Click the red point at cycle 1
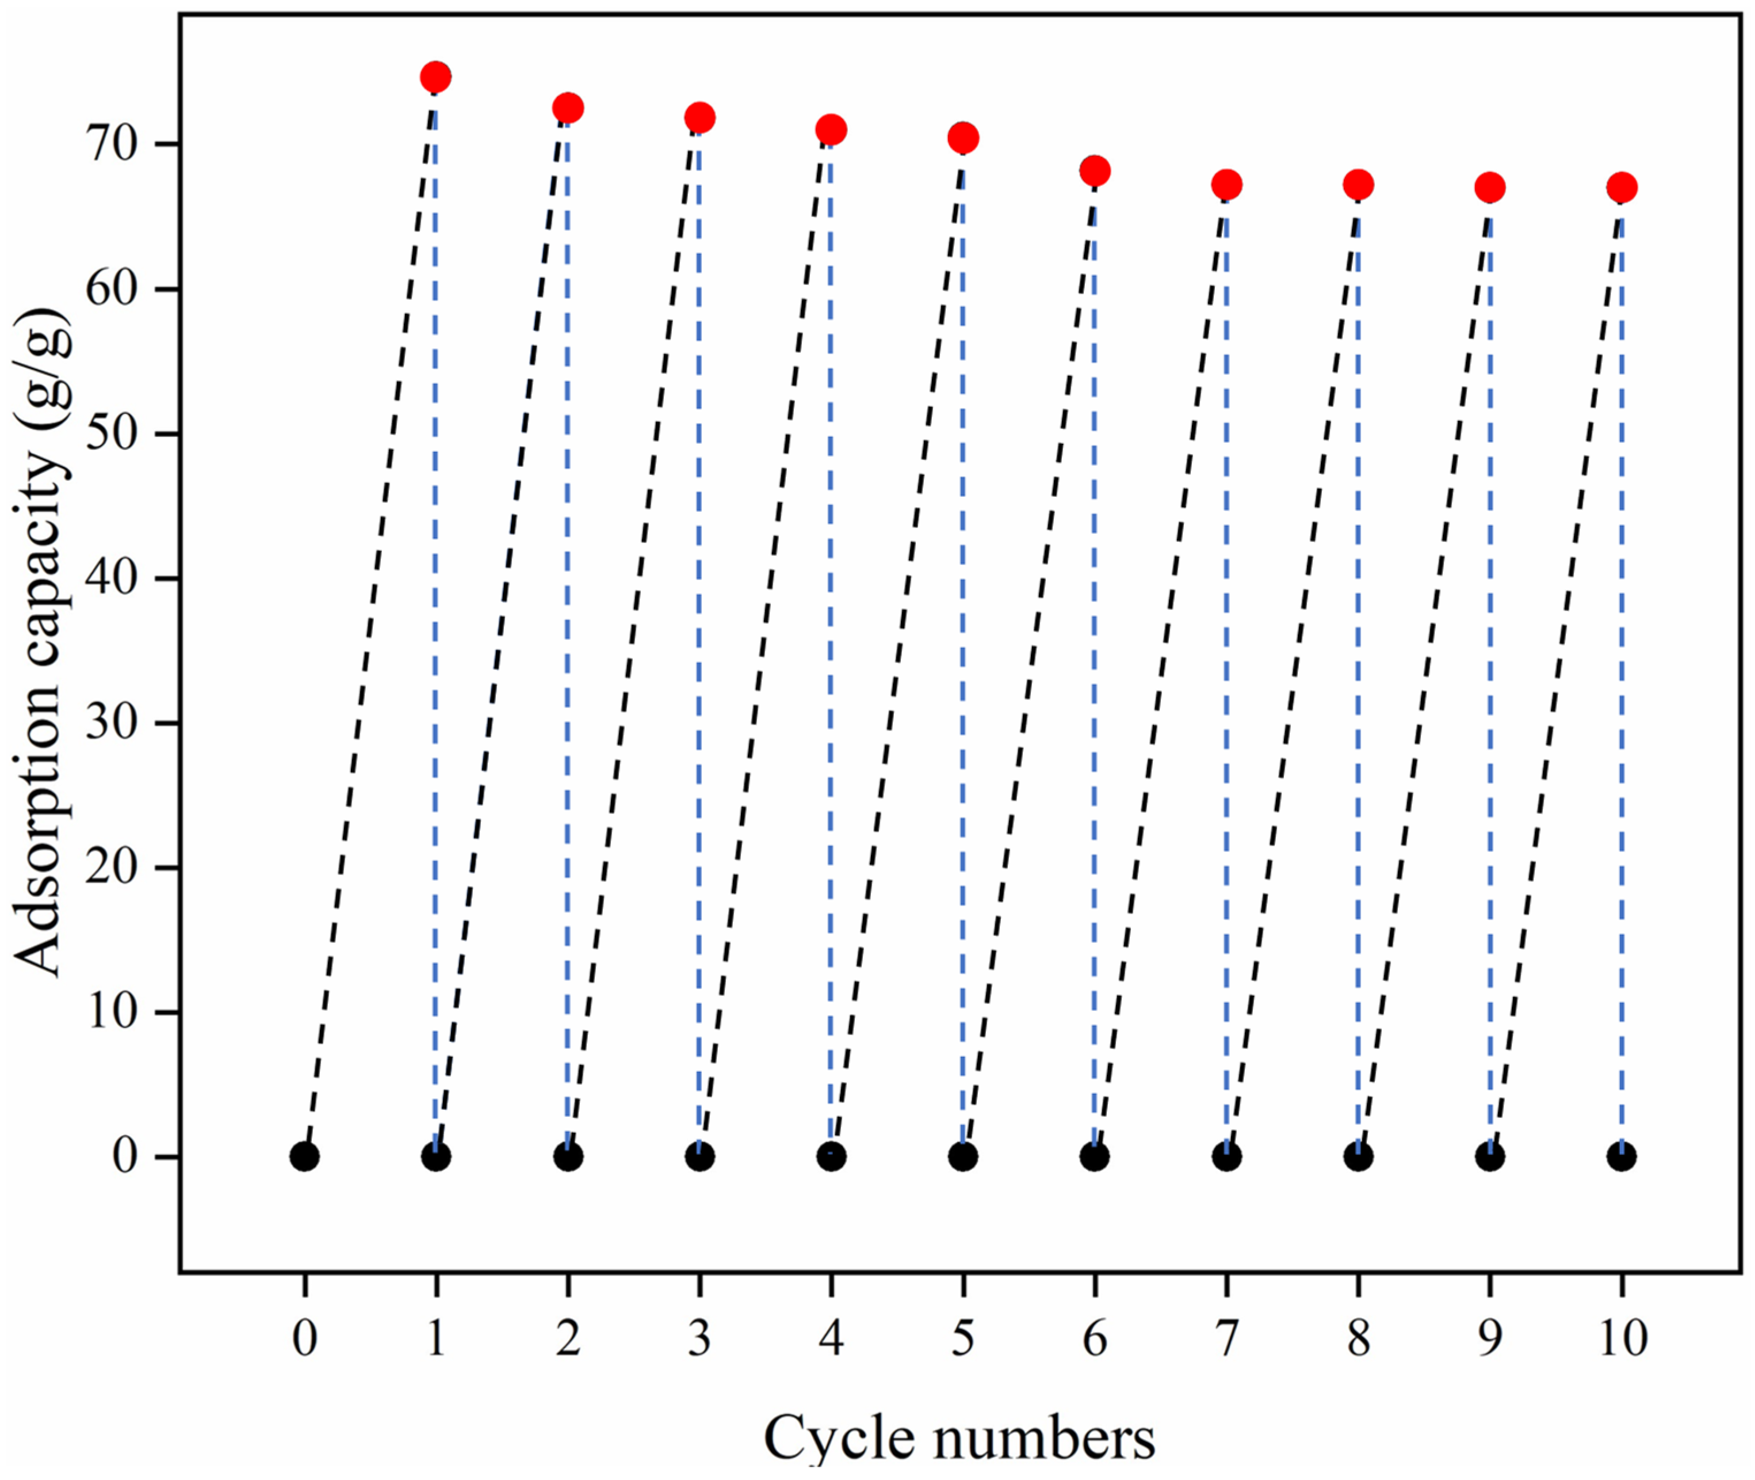click(x=435, y=77)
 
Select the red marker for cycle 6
click(x=1094, y=171)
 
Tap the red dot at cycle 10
click(x=1622, y=187)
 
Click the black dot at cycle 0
click(x=304, y=1157)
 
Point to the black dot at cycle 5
click(x=962, y=1157)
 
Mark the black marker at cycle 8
click(x=1359, y=1157)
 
